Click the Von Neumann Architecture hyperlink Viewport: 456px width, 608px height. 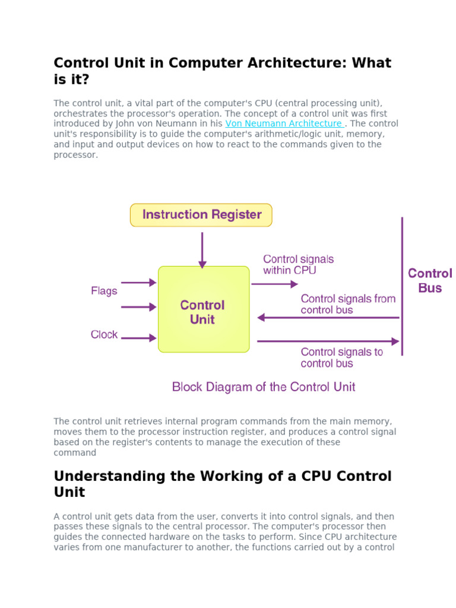click(x=283, y=123)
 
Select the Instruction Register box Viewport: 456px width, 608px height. click(x=201, y=215)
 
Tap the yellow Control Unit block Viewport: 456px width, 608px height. click(x=203, y=309)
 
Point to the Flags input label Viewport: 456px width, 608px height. click(x=104, y=291)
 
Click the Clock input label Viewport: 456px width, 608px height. click(x=104, y=335)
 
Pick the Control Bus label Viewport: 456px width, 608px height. click(x=430, y=281)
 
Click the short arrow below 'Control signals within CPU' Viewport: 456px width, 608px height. click(x=274, y=284)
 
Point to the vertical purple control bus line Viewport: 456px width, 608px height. click(x=403, y=285)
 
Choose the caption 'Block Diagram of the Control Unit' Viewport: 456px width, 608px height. click(x=264, y=387)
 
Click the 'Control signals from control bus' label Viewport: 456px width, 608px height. click(x=348, y=304)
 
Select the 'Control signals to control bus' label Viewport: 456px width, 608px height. click(x=341, y=357)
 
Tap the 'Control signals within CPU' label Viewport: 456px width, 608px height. click(x=298, y=265)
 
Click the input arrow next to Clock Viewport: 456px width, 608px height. click(x=138, y=338)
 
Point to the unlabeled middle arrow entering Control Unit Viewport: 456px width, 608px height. click(x=138, y=307)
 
